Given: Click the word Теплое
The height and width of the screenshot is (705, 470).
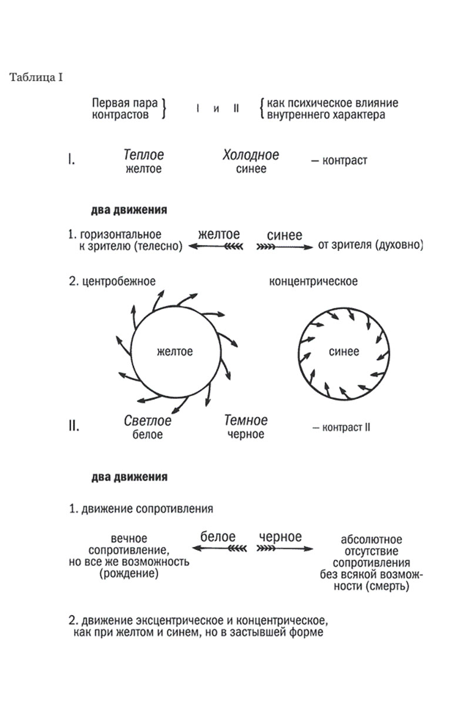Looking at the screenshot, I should tap(144, 156).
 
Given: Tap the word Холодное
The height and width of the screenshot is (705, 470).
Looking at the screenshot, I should tap(251, 156).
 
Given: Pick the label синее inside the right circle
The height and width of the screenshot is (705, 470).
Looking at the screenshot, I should tap(344, 352).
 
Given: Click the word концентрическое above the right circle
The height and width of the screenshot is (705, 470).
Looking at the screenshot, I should tap(313, 281).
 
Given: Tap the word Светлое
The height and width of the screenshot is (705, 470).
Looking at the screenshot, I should tap(147, 421).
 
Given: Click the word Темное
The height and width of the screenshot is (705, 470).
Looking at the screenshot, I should tap(246, 421).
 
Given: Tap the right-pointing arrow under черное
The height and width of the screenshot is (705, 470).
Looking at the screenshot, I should tap(284, 549).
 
